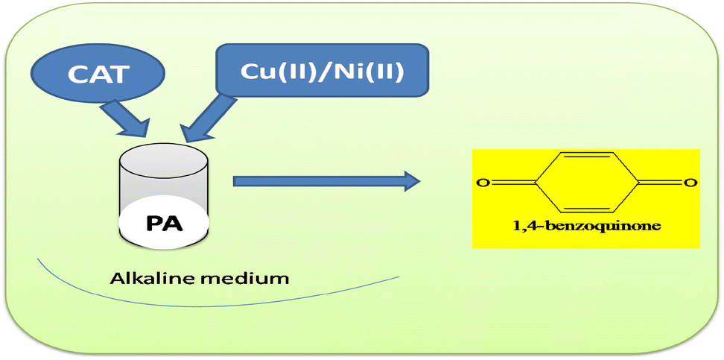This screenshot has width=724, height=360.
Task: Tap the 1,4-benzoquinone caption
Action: point(586,226)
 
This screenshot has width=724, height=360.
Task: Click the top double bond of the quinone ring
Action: point(585,156)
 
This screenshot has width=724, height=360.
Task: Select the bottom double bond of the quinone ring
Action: point(585,208)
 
